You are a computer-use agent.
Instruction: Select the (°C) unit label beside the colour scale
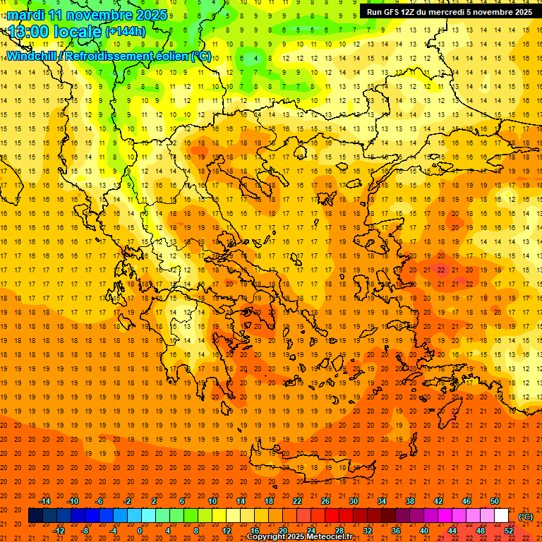(x=526, y=517)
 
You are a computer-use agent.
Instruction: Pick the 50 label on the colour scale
(x=494, y=501)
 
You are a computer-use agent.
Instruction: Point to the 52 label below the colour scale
(x=508, y=531)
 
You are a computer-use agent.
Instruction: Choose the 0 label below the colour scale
(x=140, y=531)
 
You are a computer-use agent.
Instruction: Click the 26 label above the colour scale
(x=325, y=501)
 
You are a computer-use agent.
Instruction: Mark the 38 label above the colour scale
(x=409, y=501)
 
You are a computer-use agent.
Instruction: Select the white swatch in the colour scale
(x=501, y=516)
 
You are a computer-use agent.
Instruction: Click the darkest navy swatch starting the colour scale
(x=35, y=516)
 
